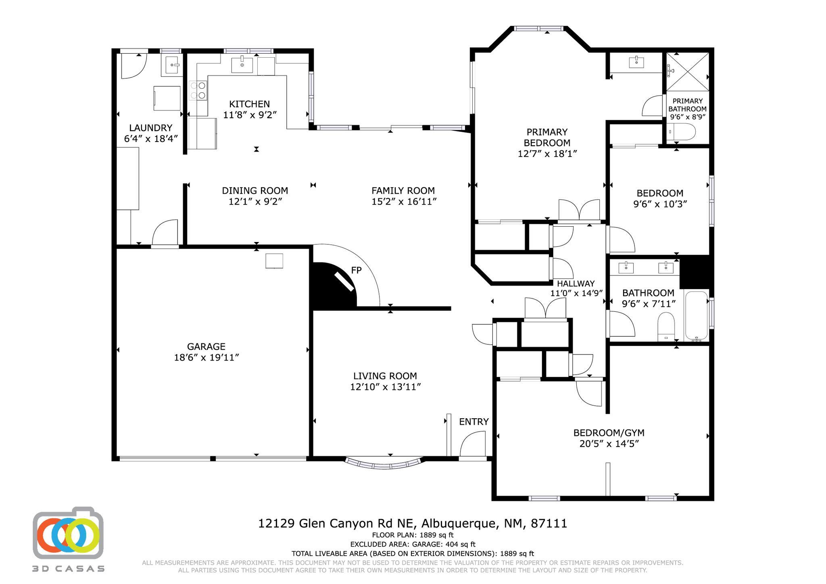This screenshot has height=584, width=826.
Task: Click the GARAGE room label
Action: point(206,346)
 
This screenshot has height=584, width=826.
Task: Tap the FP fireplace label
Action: point(356,270)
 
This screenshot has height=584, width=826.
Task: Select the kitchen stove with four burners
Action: point(198,91)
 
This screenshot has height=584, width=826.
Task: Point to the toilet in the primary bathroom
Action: point(681,132)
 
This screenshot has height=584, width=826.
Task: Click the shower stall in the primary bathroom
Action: point(687,72)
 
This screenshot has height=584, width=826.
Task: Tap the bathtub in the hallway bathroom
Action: point(697,316)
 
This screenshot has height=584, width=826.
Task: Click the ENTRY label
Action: point(473,421)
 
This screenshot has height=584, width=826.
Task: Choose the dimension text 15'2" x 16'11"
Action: point(404,201)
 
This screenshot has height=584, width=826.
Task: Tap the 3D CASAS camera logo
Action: point(68,533)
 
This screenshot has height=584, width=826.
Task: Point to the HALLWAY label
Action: point(576,284)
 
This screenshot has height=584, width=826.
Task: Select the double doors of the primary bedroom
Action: point(579,210)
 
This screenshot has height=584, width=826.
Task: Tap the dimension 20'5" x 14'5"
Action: point(609,444)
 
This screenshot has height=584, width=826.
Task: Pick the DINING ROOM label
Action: point(255,190)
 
